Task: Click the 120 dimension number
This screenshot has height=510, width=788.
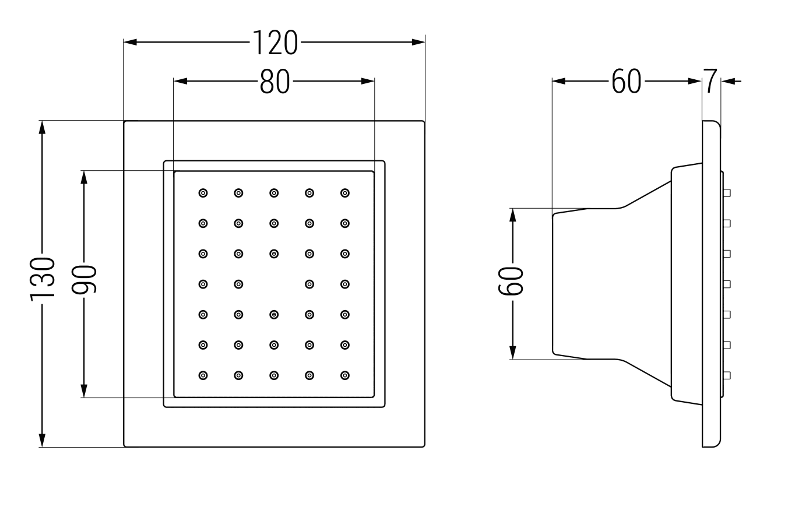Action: point(275,43)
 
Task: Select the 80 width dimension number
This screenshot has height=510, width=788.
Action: point(275,82)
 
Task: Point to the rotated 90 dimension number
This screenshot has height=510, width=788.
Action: point(85,279)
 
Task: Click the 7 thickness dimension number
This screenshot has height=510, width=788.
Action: point(709,82)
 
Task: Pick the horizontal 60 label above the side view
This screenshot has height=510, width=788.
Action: point(627,82)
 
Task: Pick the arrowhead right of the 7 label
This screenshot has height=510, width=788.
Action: point(727,82)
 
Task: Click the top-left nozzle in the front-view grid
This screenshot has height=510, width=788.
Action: point(203,192)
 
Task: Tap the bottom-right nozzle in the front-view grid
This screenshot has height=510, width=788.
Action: point(345,375)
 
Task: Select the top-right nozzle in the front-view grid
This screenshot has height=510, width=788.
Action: point(345,192)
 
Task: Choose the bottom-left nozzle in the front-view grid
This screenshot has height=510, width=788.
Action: point(203,375)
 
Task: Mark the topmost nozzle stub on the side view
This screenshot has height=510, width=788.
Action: point(727,192)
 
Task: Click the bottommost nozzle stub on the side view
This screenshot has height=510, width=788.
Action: point(727,375)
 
